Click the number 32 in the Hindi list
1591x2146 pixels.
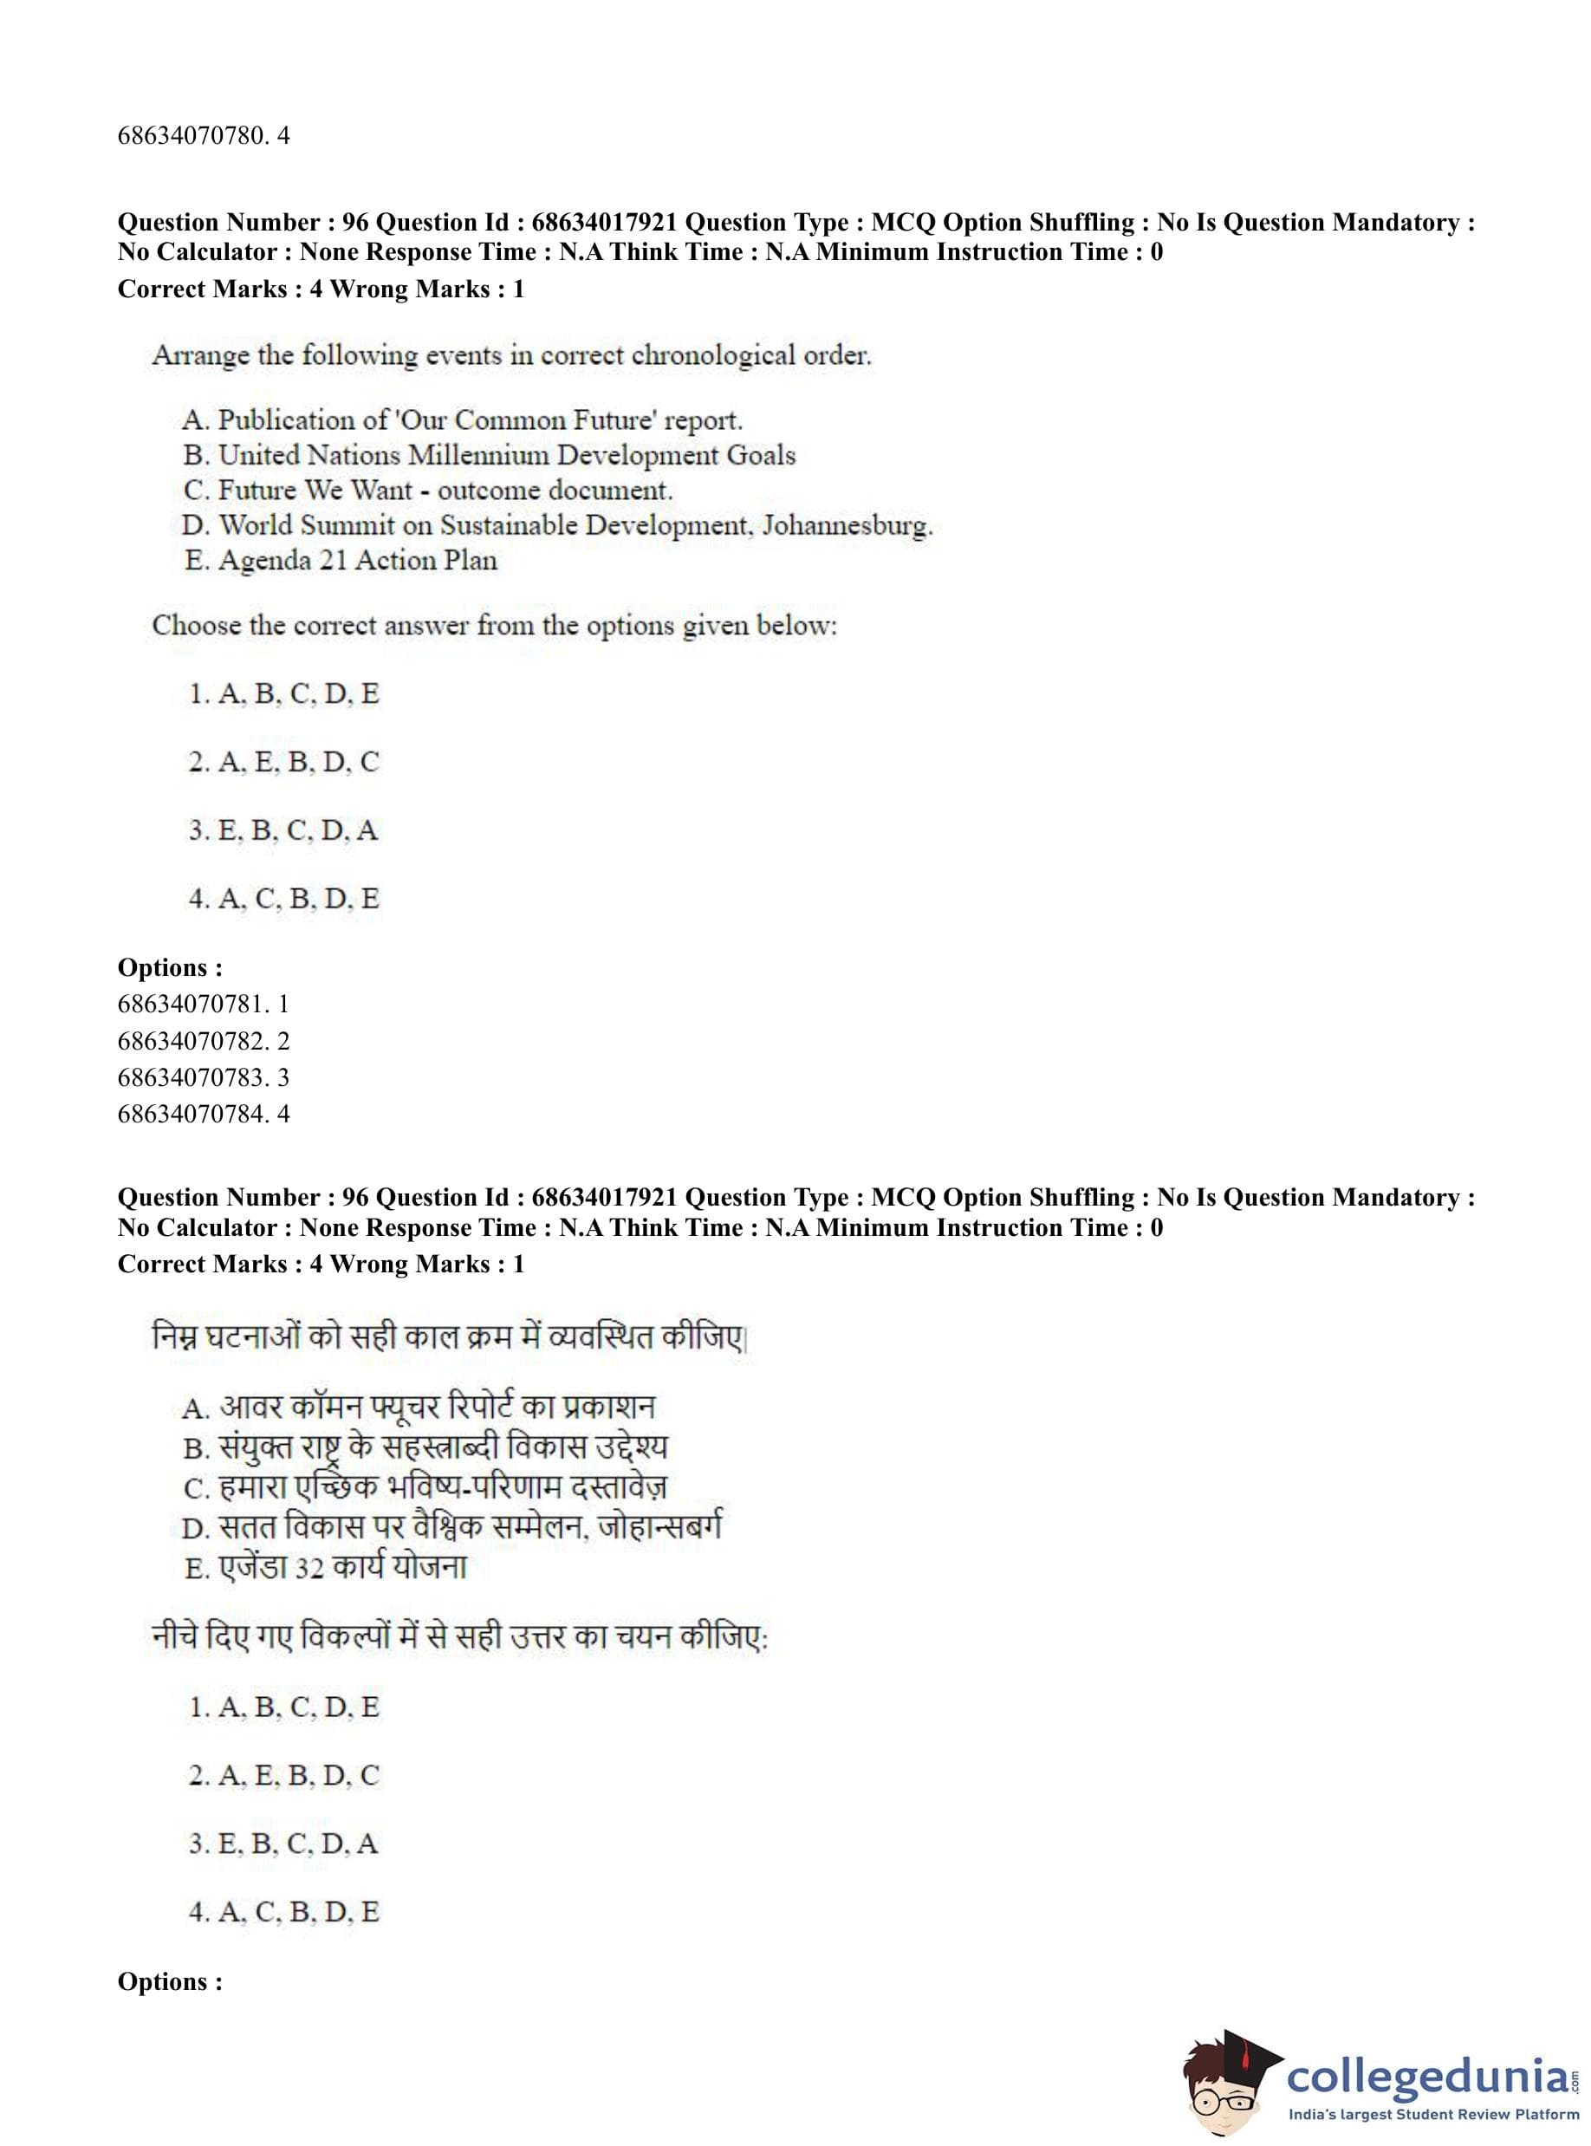(x=308, y=1569)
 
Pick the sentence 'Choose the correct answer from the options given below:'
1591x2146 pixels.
(x=494, y=626)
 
